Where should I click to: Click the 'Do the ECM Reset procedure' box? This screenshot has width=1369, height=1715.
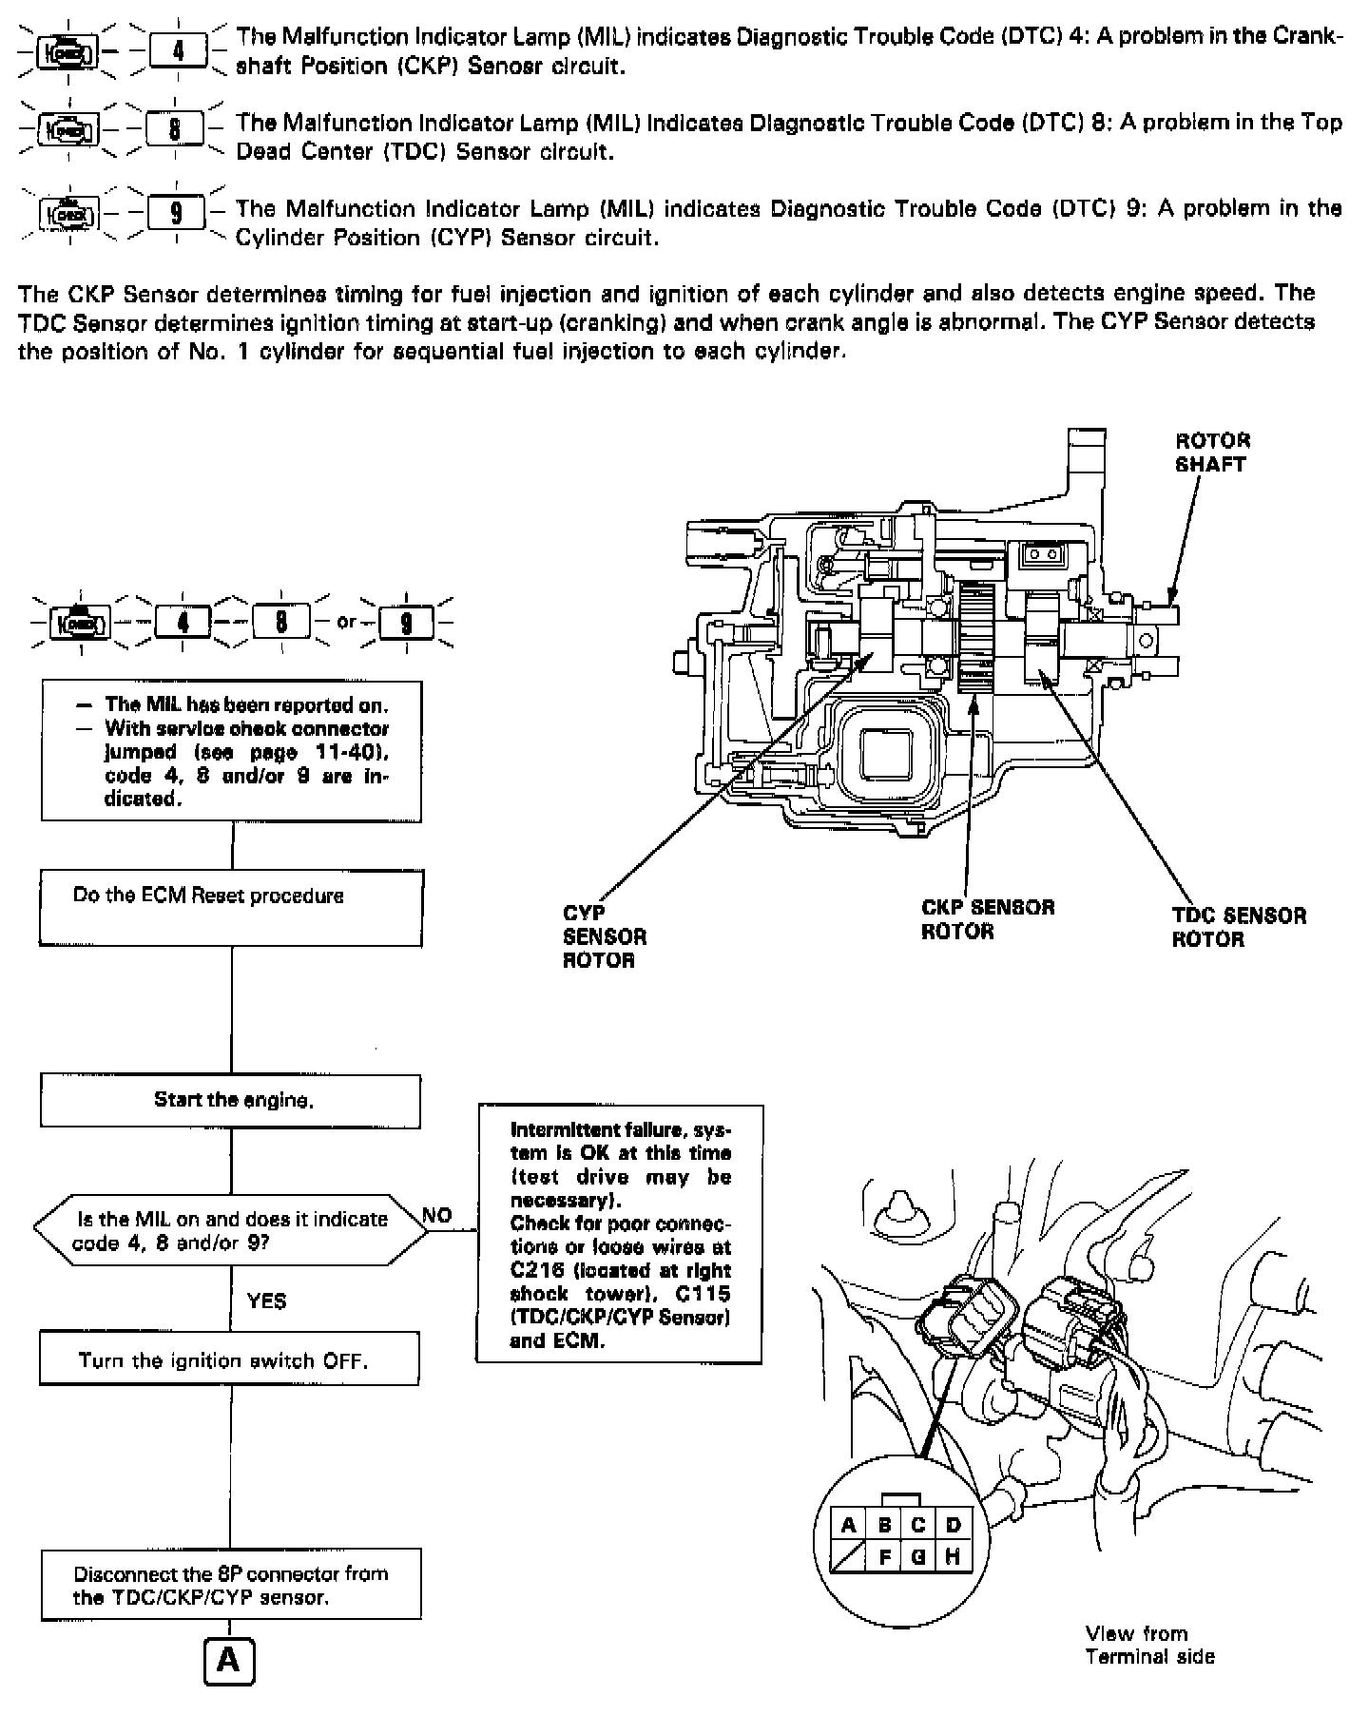(231, 909)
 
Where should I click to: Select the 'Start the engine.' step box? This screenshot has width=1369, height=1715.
(231, 1100)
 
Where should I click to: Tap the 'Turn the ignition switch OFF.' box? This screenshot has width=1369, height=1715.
(229, 1359)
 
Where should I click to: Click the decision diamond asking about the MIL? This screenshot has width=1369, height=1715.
(231, 1230)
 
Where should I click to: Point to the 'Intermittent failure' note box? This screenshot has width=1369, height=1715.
(620, 1234)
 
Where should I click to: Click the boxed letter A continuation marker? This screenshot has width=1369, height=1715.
(230, 1659)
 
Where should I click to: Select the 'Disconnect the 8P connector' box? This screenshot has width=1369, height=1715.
(231, 1585)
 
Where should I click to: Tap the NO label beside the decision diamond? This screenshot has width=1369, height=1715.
(436, 1215)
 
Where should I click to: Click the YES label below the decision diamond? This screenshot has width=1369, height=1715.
(266, 1301)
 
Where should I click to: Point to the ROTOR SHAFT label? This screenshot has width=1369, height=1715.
(1212, 453)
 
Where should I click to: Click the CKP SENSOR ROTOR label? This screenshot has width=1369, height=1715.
(988, 919)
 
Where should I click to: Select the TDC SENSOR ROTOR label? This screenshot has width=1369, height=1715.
(1239, 927)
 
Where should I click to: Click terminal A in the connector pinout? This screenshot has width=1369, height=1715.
(849, 1526)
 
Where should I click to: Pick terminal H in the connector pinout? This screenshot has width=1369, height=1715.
(953, 1557)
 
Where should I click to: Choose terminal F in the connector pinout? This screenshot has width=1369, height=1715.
(884, 1557)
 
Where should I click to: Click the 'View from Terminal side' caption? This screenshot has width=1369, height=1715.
(1149, 1645)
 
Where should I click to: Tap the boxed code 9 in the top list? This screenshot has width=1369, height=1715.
(178, 212)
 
